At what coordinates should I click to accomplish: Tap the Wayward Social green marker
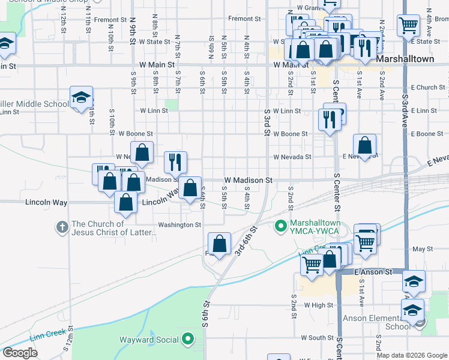(x=188, y=340)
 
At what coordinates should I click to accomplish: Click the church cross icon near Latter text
(x=62, y=227)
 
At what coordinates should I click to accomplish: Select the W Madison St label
(x=249, y=180)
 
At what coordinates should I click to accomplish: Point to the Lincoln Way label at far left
(x=46, y=203)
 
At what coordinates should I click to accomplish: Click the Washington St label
(x=179, y=225)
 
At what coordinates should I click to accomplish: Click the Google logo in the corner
(x=20, y=353)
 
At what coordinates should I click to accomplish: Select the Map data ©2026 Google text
(x=411, y=355)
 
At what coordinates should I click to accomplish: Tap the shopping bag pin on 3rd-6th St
(x=220, y=243)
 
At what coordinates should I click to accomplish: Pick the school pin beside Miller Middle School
(x=80, y=97)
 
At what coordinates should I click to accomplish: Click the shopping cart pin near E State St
(x=408, y=25)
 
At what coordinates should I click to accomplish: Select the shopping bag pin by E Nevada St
(x=365, y=145)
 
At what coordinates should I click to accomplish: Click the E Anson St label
(x=373, y=272)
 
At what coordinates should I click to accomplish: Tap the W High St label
(x=318, y=305)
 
